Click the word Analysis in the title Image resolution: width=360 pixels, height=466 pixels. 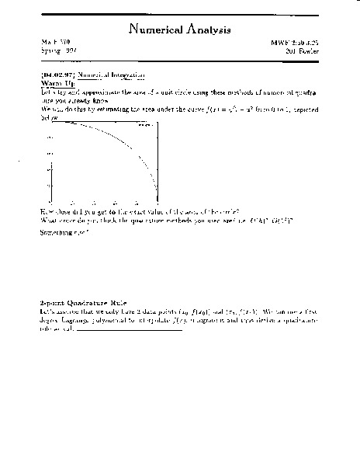tap(206, 31)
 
